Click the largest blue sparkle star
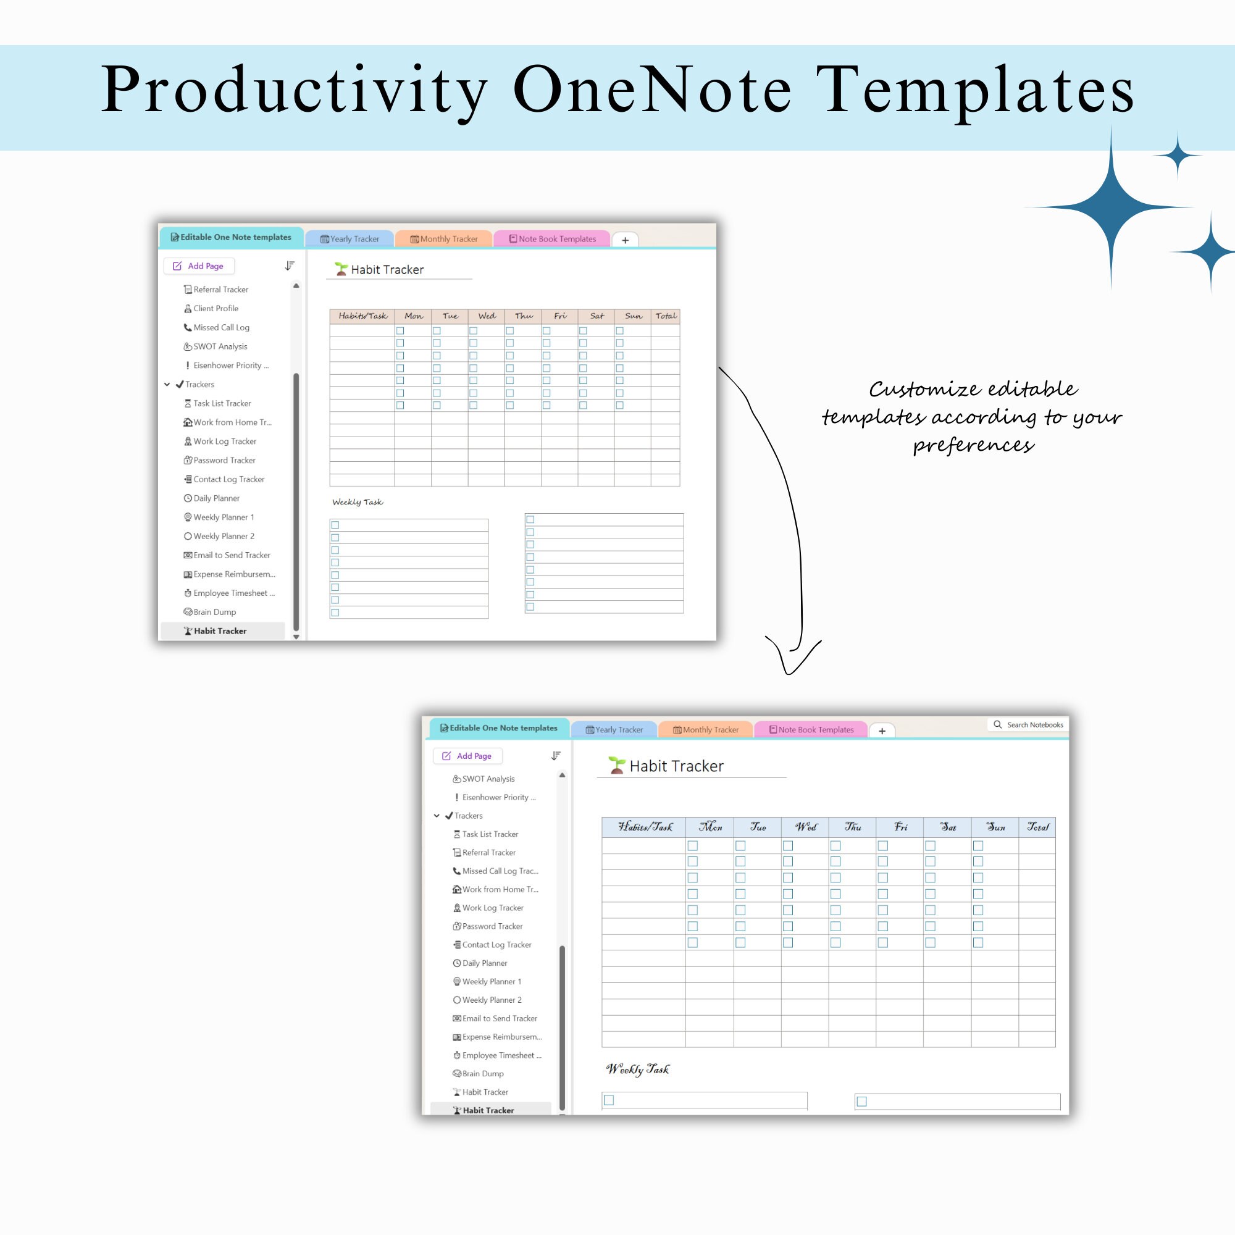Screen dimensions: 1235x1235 tap(1111, 206)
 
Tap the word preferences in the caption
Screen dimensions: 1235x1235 tap(973, 445)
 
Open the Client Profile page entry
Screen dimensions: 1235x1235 tap(216, 308)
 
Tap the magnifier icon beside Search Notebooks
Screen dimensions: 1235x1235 tap(997, 724)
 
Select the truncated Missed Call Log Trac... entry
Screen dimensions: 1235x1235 tap(500, 871)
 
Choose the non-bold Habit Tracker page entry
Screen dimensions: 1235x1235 tap(485, 1092)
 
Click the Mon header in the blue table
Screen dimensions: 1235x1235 tap(710, 827)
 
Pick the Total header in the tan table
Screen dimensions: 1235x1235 tap(666, 316)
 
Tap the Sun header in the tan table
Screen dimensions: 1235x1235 tap(633, 316)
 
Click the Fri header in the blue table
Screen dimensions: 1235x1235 tap(900, 827)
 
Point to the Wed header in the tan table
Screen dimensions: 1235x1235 tap(487, 316)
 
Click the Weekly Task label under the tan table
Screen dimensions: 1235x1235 tap(358, 502)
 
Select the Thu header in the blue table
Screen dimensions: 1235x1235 tap(853, 827)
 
